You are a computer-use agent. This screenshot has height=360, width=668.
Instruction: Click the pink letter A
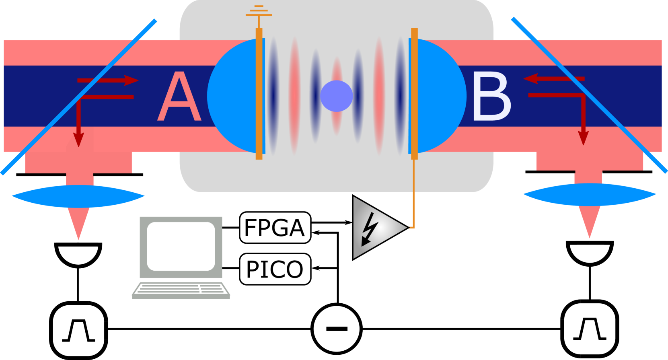pos(179,97)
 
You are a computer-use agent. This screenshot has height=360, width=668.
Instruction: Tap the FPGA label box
pos(275,228)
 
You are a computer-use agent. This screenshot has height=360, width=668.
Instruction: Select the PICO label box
pos(275,269)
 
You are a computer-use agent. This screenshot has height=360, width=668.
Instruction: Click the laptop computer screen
pos(181,246)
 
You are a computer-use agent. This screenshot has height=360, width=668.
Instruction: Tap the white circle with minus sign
pos(337,329)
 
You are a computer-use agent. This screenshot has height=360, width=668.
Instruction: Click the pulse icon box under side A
pos(78,330)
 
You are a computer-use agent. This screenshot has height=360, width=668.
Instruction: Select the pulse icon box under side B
pos(590,329)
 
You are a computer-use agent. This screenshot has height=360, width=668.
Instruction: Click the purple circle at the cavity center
pos(337,96)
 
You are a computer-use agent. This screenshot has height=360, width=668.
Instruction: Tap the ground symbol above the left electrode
pos(259,12)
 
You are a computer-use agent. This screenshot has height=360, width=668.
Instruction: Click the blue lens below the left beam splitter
pos(78,196)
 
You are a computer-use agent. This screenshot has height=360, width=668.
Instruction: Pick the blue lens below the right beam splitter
pos(590,195)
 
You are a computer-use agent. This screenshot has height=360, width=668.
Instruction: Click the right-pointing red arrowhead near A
pos(132,80)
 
